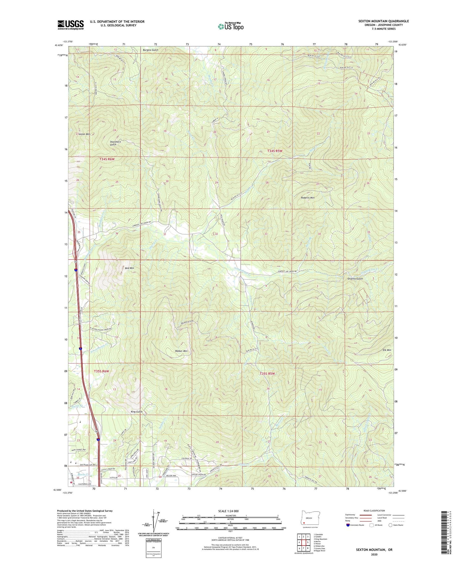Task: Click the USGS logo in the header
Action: tap(71, 25)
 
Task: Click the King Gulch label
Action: tap(137, 412)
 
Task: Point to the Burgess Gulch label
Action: tap(150, 50)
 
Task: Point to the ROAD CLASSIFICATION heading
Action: tap(374, 511)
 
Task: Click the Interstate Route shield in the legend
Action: tap(348, 525)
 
